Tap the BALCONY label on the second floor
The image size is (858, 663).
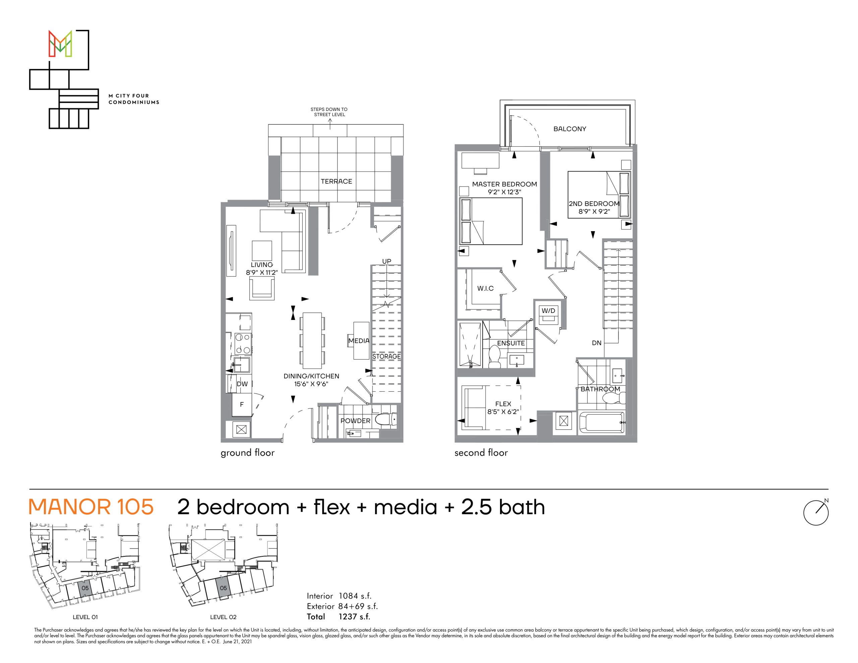(x=570, y=129)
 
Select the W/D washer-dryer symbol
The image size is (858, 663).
(x=548, y=315)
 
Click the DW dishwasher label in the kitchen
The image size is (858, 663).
(x=242, y=384)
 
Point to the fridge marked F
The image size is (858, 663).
(x=242, y=404)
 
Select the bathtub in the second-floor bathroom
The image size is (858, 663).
(x=602, y=422)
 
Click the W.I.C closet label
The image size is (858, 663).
(x=485, y=288)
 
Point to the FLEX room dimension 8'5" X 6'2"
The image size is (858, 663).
(x=503, y=412)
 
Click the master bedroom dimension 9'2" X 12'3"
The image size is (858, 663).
(x=504, y=192)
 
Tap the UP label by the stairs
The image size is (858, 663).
(x=386, y=261)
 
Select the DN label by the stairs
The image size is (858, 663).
(x=596, y=343)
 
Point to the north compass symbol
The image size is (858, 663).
(x=816, y=512)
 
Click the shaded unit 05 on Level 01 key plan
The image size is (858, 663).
(x=85, y=588)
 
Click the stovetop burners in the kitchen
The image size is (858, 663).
(x=243, y=343)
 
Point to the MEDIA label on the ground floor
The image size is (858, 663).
(x=359, y=340)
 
